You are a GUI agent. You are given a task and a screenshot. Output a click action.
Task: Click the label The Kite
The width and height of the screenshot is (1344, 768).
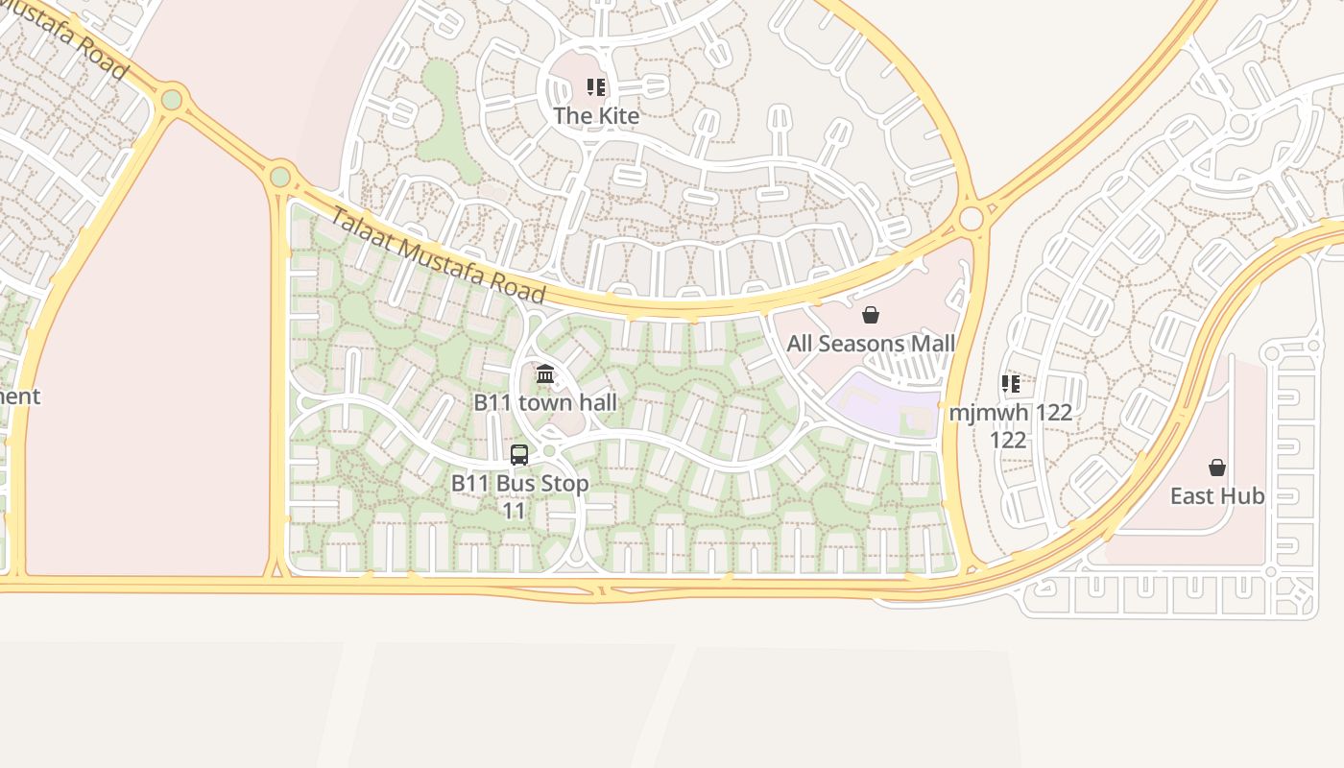click(x=595, y=116)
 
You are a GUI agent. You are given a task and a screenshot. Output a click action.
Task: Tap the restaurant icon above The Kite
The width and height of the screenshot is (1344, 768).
click(x=595, y=88)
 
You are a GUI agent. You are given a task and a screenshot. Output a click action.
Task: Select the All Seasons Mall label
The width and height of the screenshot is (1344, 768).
click(x=871, y=344)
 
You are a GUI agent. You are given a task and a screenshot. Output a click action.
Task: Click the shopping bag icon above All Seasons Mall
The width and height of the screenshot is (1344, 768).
click(x=871, y=315)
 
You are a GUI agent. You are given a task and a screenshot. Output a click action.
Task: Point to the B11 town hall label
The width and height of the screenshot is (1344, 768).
click(x=545, y=402)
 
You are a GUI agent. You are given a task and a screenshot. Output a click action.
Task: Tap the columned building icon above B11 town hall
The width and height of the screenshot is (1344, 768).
click(x=545, y=373)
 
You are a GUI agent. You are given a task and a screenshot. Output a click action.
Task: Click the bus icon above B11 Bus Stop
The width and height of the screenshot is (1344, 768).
click(x=519, y=455)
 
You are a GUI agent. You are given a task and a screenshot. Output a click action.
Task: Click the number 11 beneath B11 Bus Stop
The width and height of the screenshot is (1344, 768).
click(x=515, y=511)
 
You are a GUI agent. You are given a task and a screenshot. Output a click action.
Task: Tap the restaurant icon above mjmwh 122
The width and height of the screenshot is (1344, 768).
click(x=1010, y=384)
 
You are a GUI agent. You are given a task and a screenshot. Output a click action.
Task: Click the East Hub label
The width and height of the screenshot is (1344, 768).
click(x=1216, y=496)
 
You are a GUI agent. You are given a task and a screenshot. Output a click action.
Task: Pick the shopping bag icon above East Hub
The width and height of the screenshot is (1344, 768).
click(x=1216, y=468)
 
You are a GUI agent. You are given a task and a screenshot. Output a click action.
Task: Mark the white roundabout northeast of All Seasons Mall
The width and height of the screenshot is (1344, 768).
click(x=971, y=219)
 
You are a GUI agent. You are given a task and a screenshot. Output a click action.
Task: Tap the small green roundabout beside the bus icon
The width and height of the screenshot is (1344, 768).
click(x=549, y=450)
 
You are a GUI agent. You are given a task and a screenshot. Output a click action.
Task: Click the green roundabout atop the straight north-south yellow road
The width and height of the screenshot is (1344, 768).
click(x=280, y=177)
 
